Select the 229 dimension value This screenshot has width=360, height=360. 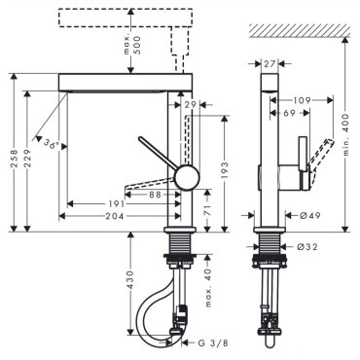(x=27, y=158)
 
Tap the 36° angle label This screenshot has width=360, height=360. (x=53, y=143)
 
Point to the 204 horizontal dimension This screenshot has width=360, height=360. (x=115, y=216)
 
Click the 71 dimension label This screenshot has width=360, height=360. (x=207, y=210)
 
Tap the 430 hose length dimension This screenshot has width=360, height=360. (x=130, y=280)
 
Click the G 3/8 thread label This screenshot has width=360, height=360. (x=213, y=343)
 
